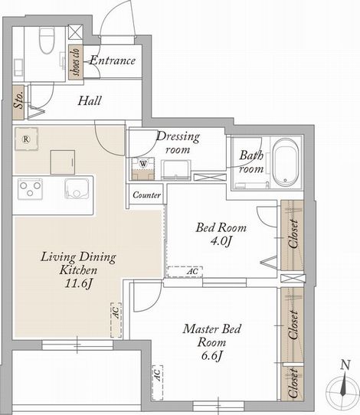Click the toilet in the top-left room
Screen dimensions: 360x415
tap(47, 41)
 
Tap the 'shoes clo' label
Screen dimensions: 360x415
tap(76, 62)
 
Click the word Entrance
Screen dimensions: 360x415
tap(113, 60)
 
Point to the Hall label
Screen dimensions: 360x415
tap(90, 101)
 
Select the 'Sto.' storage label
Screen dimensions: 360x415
tap(18, 101)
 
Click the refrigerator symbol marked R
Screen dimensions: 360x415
tap(26, 139)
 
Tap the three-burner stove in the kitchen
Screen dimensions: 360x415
tap(30, 188)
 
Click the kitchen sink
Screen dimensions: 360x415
tap(77, 188)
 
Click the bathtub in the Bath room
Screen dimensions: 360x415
tap(286, 162)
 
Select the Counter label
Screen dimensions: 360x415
tap(146, 195)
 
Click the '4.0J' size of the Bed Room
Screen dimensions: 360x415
tap(221, 241)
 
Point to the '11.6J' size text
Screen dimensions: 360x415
tap(79, 283)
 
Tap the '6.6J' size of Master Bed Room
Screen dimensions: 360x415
tap(211, 355)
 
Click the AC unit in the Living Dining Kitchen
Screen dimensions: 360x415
tap(116, 320)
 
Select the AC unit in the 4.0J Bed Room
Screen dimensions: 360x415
tap(185, 272)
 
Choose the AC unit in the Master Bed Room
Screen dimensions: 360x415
tap(158, 382)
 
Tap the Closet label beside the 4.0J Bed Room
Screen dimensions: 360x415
tap(293, 234)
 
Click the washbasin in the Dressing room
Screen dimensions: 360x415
tap(176, 169)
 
